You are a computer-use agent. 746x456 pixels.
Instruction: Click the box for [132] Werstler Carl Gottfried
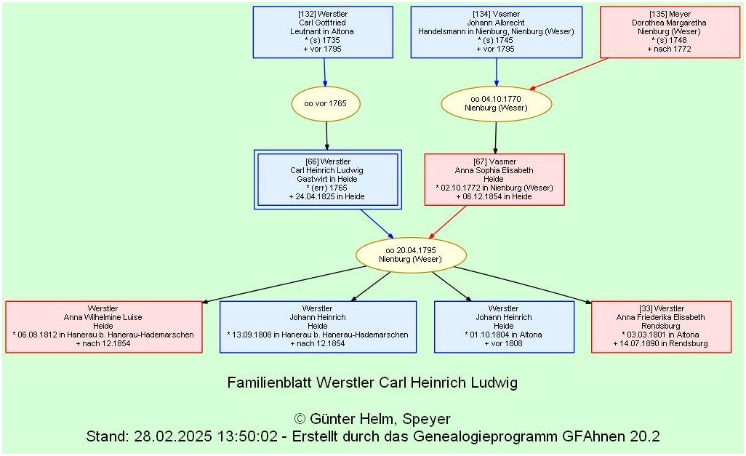[x=323, y=32]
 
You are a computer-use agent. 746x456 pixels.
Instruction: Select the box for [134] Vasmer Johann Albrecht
[x=496, y=32]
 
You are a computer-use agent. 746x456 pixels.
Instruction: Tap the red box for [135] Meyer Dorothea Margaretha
[x=670, y=32]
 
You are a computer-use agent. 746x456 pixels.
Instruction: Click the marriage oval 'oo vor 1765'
[x=325, y=104]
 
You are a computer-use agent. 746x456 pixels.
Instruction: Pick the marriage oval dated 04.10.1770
[x=495, y=103]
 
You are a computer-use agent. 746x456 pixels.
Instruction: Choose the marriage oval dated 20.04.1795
[x=411, y=255]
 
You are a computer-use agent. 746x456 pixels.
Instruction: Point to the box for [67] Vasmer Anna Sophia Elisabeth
[x=494, y=180]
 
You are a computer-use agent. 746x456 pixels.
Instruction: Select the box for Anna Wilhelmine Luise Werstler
[x=103, y=327]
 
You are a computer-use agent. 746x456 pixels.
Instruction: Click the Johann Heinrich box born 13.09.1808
[x=318, y=327]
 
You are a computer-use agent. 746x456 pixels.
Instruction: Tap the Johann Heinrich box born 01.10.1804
[x=503, y=327]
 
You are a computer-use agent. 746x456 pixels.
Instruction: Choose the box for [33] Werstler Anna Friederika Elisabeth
[x=661, y=327]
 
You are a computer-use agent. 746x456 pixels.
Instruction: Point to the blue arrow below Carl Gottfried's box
[x=324, y=73]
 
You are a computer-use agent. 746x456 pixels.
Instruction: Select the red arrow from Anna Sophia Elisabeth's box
[x=449, y=221]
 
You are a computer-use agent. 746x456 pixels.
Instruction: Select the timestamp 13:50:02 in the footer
[x=240, y=437]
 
